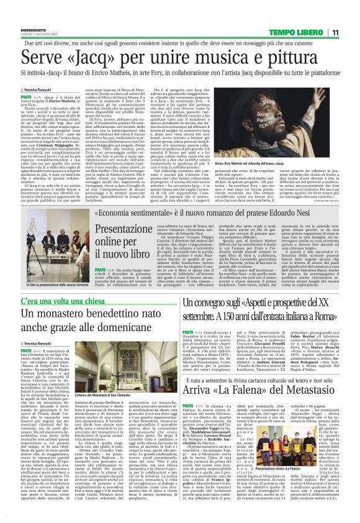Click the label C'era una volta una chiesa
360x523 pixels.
59,301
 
